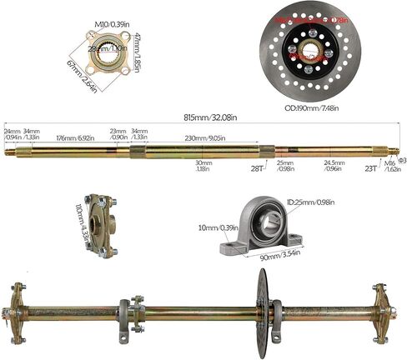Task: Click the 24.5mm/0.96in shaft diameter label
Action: (334, 166)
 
